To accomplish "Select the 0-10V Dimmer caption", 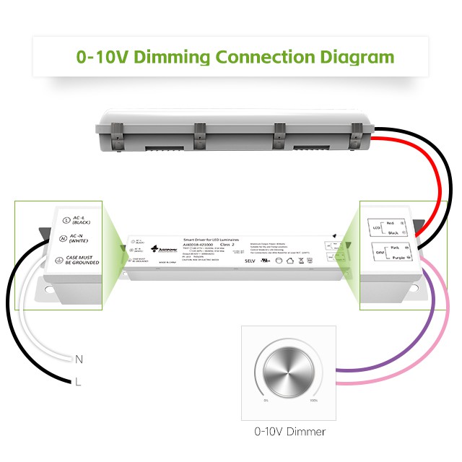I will click(x=289, y=432).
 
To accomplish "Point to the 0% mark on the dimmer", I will click(x=266, y=401).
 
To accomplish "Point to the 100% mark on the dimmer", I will click(x=313, y=401).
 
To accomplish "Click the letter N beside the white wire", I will click(x=79, y=358).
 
